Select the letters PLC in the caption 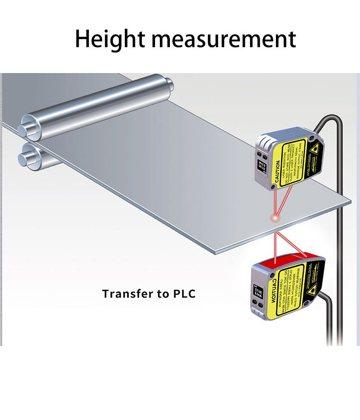coord(184,294)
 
